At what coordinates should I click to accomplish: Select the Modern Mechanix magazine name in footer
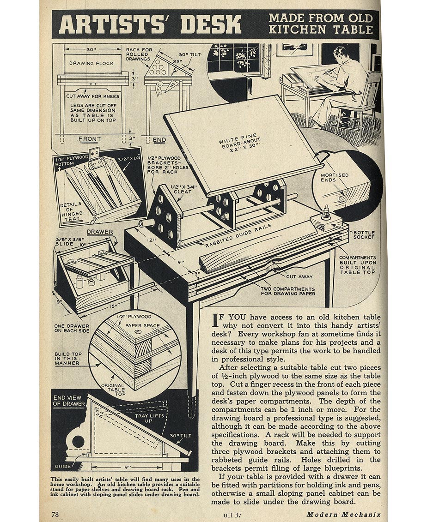tap(343, 514)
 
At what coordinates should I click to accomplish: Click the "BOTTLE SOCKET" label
tap(364, 235)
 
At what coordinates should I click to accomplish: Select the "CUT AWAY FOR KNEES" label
tap(92, 96)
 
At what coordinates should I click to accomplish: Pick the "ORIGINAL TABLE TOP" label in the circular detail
tap(113, 391)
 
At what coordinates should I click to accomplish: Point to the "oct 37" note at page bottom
tap(232, 515)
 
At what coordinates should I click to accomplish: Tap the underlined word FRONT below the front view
tap(89, 138)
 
